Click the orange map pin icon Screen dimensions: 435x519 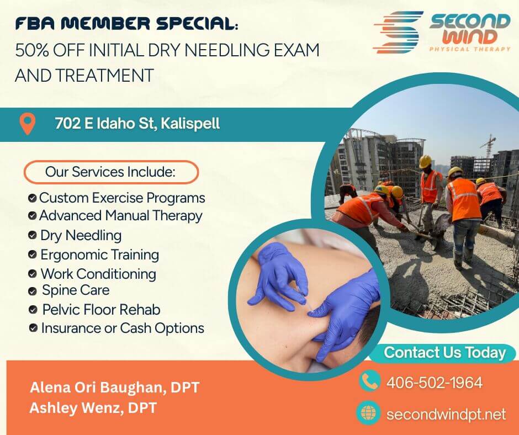[27, 124]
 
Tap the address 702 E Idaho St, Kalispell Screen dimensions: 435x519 [137, 124]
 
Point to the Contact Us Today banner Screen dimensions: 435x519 [444, 353]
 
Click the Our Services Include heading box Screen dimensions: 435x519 [110, 172]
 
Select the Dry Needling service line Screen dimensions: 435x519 [81, 235]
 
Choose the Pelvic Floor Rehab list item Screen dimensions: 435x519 [101, 310]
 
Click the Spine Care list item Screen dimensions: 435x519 [76, 290]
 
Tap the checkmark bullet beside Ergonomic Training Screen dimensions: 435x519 [33, 254]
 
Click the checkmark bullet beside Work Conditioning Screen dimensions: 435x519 [33, 273]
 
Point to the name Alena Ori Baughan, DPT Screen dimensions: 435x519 [114, 388]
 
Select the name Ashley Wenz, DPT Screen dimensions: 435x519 [93, 409]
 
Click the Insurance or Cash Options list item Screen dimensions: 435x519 [122, 328]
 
